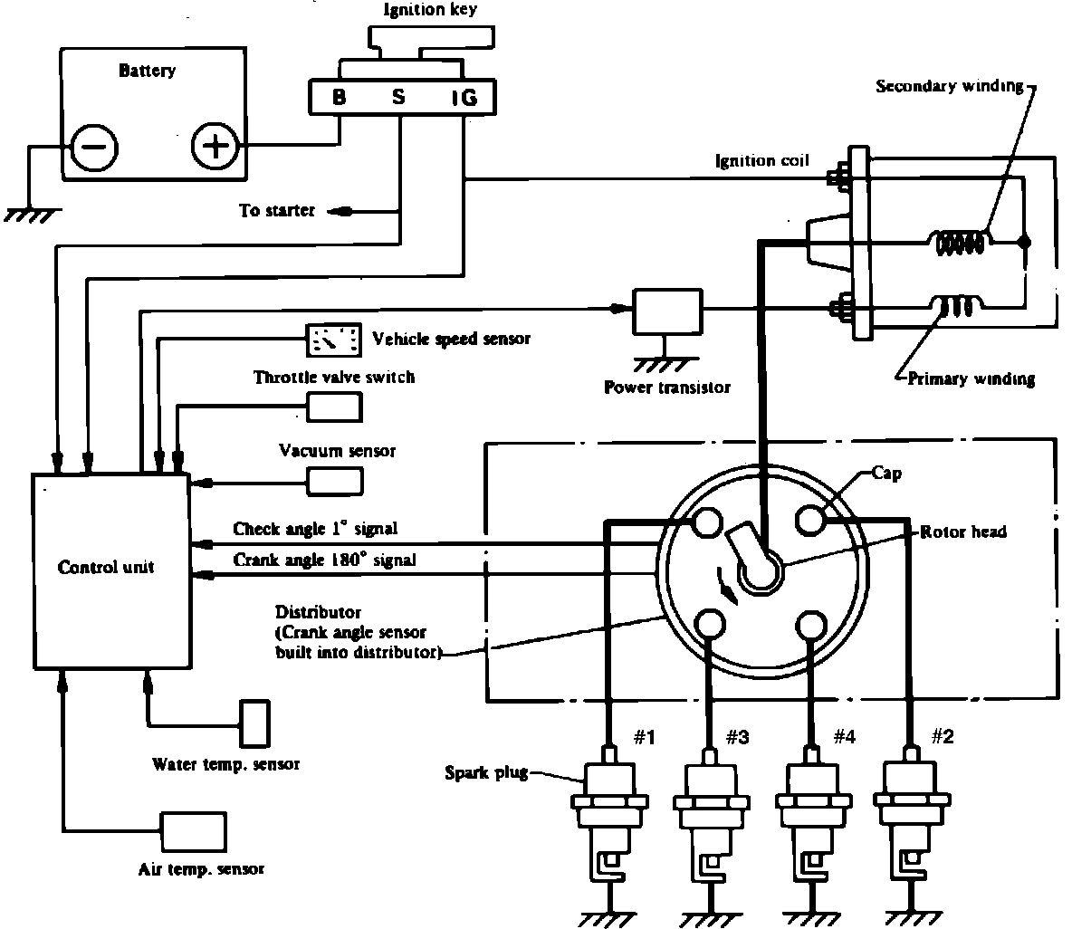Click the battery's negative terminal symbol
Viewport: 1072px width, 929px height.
coord(95,148)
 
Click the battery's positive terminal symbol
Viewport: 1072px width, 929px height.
coord(215,146)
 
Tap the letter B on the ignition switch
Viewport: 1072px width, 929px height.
coord(340,97)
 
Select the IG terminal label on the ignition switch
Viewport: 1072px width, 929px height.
coord(464,98)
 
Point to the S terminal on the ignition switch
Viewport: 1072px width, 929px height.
coord(398,97)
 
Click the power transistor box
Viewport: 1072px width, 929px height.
coord(667,311)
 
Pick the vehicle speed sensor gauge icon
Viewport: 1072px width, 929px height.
coord(333,340)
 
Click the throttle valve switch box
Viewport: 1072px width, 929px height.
coord(334,407)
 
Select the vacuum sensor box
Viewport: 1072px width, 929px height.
coord(335,481)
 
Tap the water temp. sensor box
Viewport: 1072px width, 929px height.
coord(254,723)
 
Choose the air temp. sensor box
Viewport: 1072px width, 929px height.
coord(193,832)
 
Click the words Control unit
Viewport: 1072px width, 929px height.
coord(106,568)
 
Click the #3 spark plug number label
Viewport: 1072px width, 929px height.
coord(737,737)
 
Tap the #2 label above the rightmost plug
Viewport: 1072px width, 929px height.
coord(943,736)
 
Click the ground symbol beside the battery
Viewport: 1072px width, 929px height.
coord(32,215)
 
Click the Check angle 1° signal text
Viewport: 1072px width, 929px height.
coord(315,529)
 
